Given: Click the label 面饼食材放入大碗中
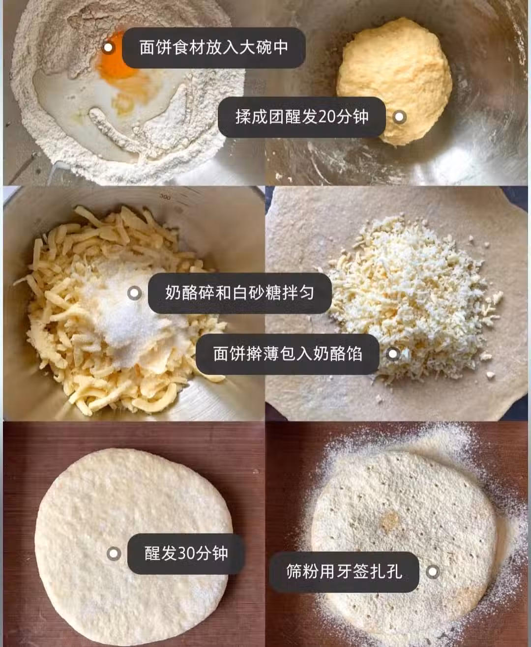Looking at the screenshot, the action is (213, 48).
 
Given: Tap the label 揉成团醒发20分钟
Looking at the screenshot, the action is (302, 117).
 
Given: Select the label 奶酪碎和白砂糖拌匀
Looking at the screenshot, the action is (239, 293).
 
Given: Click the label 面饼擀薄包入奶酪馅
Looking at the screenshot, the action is (288, 353).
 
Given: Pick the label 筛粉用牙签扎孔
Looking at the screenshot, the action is (344, 571).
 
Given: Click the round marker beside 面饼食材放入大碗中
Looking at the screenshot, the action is (108, 48).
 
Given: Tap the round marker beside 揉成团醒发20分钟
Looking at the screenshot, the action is (399, 117).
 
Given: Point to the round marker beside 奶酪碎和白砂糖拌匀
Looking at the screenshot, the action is (134, 293).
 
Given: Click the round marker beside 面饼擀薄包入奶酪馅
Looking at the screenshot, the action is (393, 353).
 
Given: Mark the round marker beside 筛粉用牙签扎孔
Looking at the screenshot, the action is (433, 572).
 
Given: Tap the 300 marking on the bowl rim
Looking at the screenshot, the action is (165, 197).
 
